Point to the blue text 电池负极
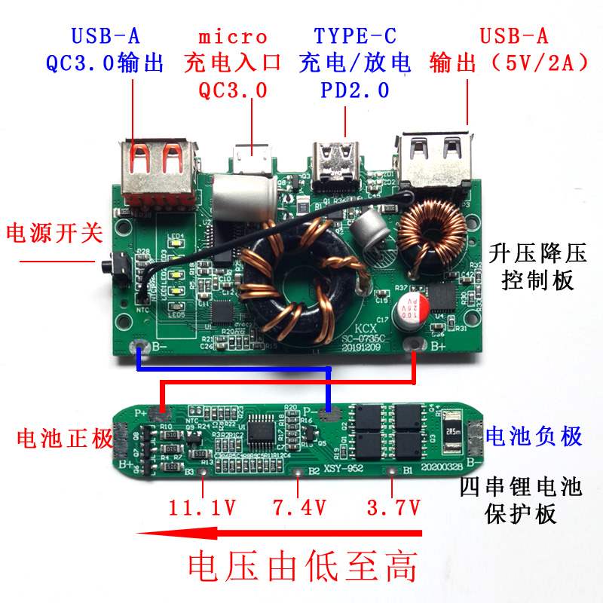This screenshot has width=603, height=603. [x=534, y=436]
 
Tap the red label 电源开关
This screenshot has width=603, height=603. [x=54, y=234]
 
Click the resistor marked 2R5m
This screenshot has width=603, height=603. [x=454, y=433]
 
